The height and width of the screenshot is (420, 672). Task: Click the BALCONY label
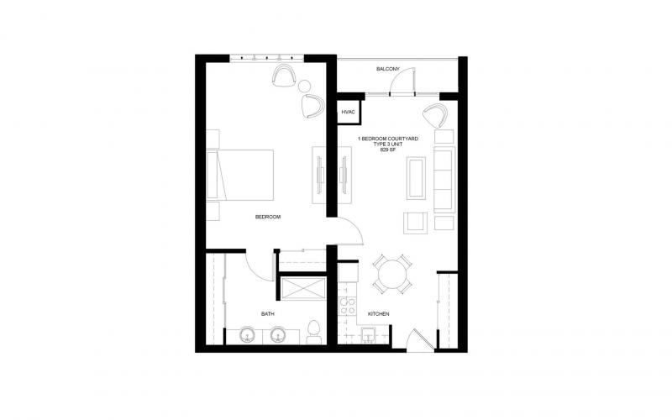(x=388, y=69)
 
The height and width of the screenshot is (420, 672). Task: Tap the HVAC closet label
(x=348, y=113)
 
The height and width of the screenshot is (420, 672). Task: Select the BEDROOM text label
(x=268, y=217)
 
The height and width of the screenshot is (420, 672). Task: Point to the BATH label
(x=268, y=314)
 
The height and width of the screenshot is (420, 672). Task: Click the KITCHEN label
(x=379, y=314)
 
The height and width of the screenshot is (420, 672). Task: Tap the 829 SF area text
(x=388, y=150)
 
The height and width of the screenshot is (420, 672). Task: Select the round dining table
(x=392, y=275)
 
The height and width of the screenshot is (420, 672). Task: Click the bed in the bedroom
(x=240, y=175)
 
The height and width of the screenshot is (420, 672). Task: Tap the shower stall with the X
(x=302, y=288)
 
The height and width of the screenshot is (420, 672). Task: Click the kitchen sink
(x=369, y=335)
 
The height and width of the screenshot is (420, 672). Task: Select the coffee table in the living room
(x=416, y=178)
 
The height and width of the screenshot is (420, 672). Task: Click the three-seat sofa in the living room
(x=444, y=180)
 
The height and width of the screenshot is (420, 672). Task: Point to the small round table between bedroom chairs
(x=304, y=87)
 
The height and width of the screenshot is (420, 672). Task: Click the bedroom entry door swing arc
(x=354, y=226)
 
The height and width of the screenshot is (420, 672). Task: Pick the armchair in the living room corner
(x=435, y=115)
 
